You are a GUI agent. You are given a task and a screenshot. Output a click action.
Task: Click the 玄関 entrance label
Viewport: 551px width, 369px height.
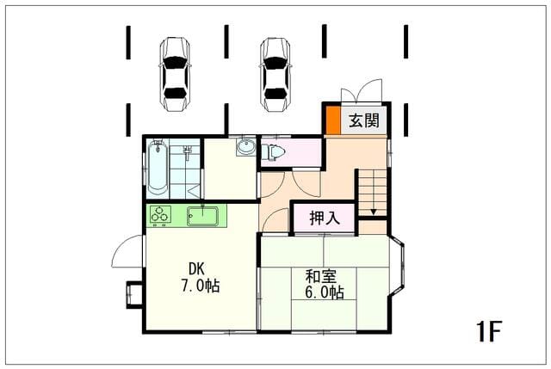pyautogui.click(x=364, y=120)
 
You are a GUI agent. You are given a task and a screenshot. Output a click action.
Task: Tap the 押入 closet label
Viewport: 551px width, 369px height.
pyautogui.click(x=325, y=218)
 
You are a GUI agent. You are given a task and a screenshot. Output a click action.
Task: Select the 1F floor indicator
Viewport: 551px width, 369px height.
pyautogui.click(x=488, y=331)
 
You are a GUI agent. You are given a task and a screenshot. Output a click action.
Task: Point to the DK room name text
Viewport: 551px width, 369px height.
pyautogui.click(x=196, y=269)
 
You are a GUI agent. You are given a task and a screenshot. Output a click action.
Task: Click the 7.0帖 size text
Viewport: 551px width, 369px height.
pyautogui.click(x=201, y=286)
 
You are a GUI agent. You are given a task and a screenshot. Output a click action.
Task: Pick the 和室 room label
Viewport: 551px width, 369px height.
pyautogui.click(x=321, y=276)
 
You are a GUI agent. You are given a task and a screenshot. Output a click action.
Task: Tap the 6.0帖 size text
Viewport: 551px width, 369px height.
pyautogui.click(x=324, y=292)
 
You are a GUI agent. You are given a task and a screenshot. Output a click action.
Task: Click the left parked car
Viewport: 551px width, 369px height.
pyautogui.click(x=175, y=74)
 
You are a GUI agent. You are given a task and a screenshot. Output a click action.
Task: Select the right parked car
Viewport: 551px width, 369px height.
pyautogui.click(x=275, y=74)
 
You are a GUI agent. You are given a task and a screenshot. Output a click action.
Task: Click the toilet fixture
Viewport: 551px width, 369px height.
pyautogui.click(x=273, y=152)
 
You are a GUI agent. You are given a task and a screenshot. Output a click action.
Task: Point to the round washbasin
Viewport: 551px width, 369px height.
pyautogui.click(x=246, y=147)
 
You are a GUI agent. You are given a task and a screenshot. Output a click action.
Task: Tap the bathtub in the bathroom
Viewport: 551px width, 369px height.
pyautogui.click(x=158, y=167)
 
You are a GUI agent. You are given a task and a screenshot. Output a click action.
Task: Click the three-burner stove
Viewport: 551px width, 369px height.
pyautogui.click(x=161, y=214)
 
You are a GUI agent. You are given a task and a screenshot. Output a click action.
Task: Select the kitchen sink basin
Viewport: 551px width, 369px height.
pyautogui.click(x=203, y=216)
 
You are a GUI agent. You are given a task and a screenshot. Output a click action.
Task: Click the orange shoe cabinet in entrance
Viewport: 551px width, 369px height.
pyautogui.click(x=333, y=120)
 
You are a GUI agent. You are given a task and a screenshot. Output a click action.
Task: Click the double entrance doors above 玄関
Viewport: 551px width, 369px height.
pyautogui.click(x=362, y=91)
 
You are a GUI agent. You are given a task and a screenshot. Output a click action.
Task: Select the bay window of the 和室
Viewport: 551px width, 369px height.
pyautogui.click(x=397, y=267)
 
